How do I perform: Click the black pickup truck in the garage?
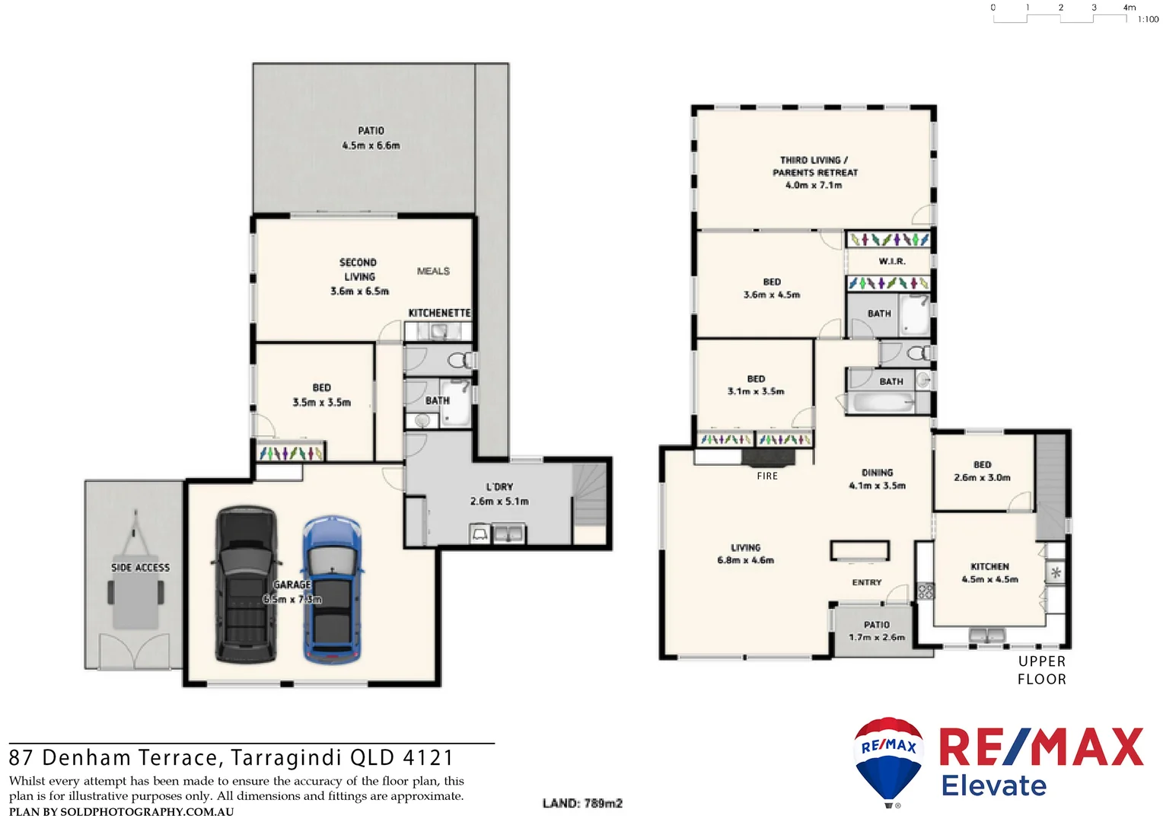pos(245,584)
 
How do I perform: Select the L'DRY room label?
pos(499,487)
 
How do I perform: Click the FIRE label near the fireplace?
pos(767,476)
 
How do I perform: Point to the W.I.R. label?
pos(891,262)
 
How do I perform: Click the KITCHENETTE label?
pos(439,314)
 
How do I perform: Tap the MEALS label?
pos(433,272)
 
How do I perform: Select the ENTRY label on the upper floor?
pos(867,583)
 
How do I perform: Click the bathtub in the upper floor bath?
pos(883,403)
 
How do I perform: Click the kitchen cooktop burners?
pos(926,591)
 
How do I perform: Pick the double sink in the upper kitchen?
pos(987,635)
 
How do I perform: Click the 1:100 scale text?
pos(1148,20)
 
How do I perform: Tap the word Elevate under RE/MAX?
pos(994,785)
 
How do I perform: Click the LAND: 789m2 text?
pos(582,804)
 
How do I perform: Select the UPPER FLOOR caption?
pos(1042,671)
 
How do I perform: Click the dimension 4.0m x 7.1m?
pos(814,186)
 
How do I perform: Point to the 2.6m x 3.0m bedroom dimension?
pos(982,478)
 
